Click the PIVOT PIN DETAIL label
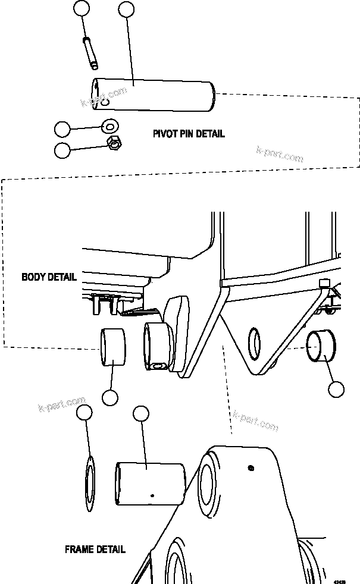(189, 134)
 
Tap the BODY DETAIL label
(49, 277)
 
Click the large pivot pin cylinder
(154, 95)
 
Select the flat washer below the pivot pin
(110, 126)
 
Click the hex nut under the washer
(114, 143)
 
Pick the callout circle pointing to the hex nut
(62, 150)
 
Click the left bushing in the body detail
(114, 347)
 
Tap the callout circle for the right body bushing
(336, 390)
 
